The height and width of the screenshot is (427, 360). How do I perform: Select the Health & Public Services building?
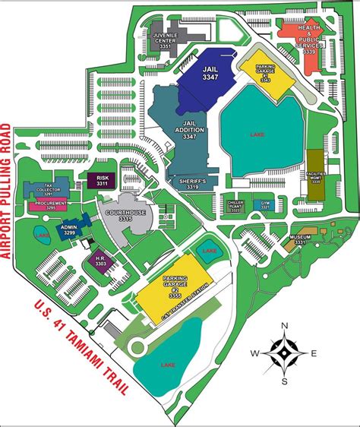point(308,37)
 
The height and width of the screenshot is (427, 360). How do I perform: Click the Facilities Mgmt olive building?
point(315,175)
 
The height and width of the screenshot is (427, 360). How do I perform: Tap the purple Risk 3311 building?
point(100,181)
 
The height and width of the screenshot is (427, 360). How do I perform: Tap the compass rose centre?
point(283,353)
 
